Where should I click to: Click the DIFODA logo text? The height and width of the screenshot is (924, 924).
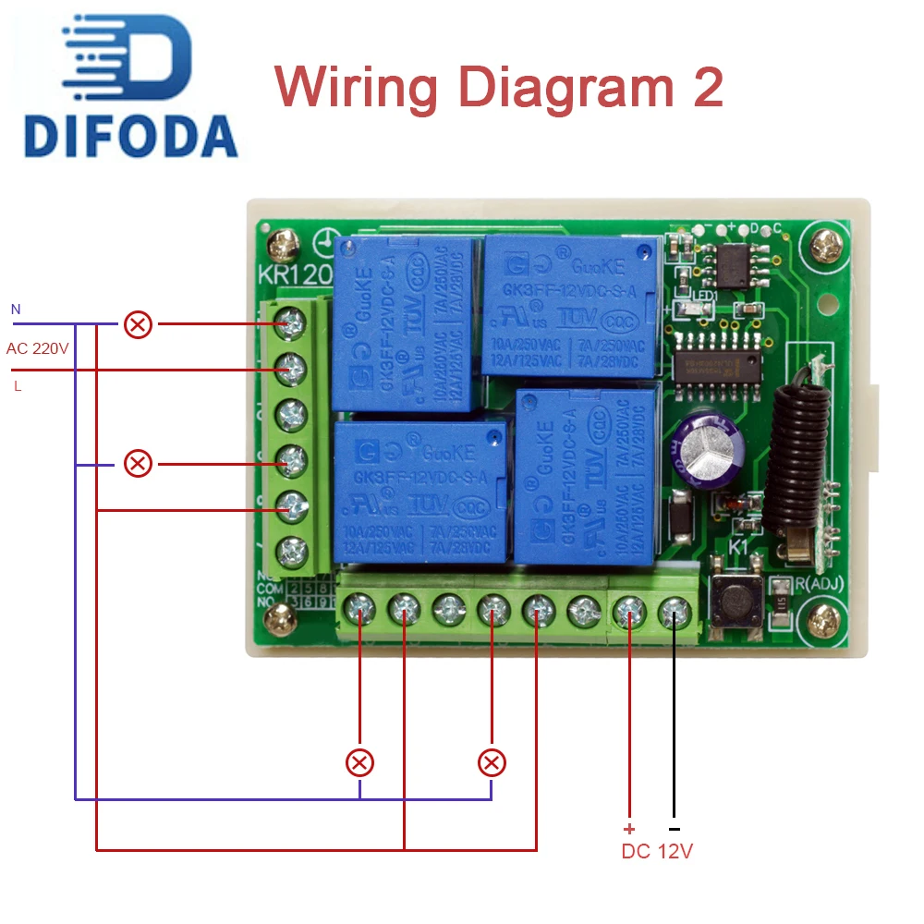[x=130, y=136]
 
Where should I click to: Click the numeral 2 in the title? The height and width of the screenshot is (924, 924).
[x=705, y=88]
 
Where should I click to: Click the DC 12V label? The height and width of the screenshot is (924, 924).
[x=657, y=851]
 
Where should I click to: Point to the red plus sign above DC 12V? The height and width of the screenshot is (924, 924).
[x=629, y=829]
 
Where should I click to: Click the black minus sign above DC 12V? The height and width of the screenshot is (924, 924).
[x=674, y=829]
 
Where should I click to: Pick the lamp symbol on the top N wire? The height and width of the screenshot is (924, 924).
[x=139, y=324]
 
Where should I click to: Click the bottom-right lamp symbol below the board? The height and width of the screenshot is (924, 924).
[x=492, y=763]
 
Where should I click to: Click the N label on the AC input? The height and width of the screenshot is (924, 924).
[x=15, y=309]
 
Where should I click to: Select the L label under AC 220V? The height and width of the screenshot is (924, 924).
[x=18, y=386]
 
